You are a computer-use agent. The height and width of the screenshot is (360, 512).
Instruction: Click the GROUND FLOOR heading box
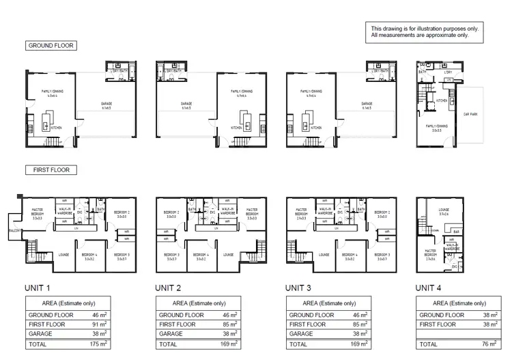51,46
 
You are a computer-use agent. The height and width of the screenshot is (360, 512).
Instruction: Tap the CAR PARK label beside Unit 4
470,115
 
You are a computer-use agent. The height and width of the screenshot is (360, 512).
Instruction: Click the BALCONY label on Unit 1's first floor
15,232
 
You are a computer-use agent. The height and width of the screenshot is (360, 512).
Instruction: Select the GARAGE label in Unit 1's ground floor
106,104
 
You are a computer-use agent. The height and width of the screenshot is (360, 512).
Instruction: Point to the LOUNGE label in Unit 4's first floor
443,210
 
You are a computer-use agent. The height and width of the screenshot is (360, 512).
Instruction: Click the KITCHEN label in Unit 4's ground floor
442,100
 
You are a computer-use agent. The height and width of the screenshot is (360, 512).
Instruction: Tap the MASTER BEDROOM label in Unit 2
252,212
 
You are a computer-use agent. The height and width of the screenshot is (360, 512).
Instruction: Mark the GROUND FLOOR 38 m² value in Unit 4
487,315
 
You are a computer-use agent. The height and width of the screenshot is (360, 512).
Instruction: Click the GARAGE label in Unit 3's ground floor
369,104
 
